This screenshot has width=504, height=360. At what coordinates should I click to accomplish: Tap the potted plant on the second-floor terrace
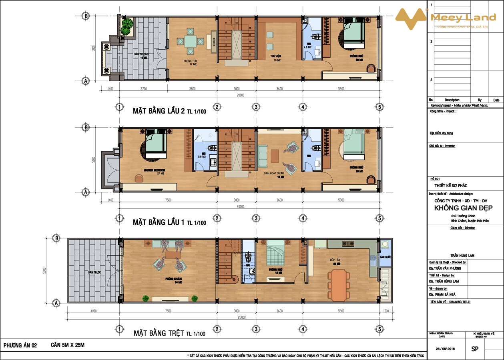[x=127, y=26]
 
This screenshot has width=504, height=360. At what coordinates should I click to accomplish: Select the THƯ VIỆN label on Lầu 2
[x=275, y=56]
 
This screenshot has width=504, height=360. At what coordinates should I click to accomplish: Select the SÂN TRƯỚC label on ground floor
[x=94, y=272]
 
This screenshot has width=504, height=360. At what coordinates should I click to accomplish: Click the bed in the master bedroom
[x=156, y=146]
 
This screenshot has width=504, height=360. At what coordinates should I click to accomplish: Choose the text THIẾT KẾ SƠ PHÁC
[x=451, y=186]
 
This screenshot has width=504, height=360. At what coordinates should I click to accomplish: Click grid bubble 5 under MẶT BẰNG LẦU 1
[x=379, y=218]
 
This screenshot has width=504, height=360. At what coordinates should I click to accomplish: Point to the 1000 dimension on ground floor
[x=386, y=311]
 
